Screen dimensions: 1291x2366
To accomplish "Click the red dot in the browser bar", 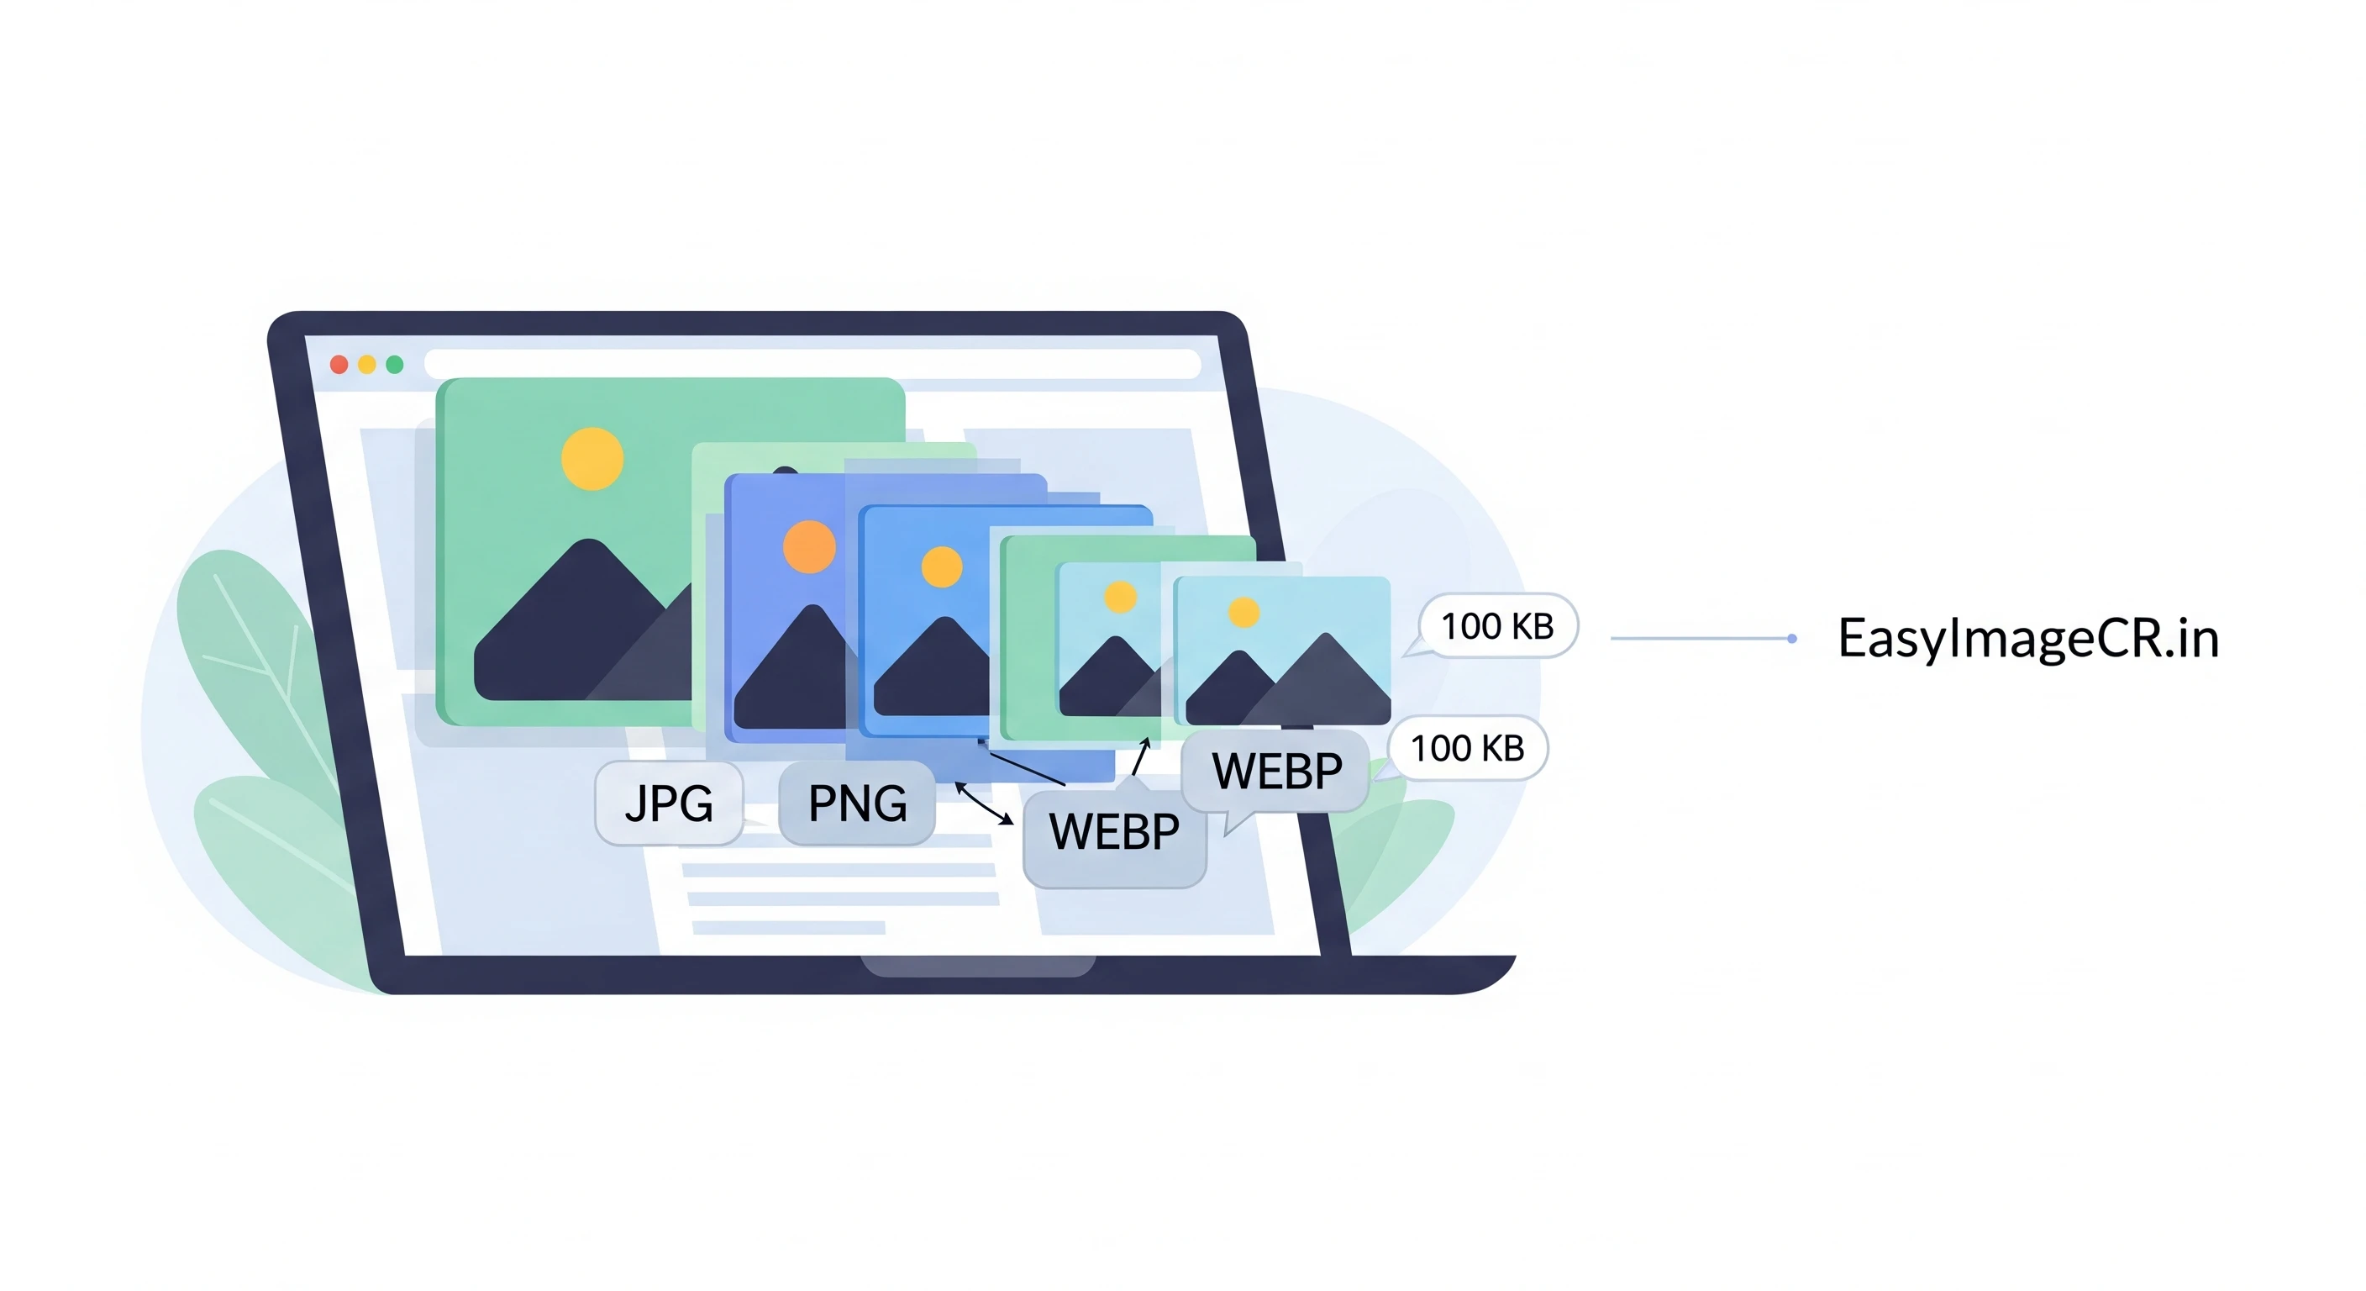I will pos(338,365).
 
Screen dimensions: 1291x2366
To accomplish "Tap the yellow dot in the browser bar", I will pos(366,365).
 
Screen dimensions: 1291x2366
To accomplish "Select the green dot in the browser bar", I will pos(395,365).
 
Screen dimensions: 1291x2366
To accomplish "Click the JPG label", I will pos(669,803).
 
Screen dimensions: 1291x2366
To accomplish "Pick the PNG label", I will pos(857,803).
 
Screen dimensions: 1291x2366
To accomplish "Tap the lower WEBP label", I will pos(1114,832).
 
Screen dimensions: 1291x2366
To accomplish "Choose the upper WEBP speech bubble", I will pos(1275,771).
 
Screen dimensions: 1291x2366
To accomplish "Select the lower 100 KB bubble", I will pos(1467,749).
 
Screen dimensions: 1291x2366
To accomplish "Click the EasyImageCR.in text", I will pos(2028,639).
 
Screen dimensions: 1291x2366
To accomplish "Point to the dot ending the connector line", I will pos(1791,639).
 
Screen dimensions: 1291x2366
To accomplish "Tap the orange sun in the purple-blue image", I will pos(809,546).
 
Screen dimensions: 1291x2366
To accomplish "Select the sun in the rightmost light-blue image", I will pos(1243,612).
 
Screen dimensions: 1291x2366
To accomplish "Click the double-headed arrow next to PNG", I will pos(984,803).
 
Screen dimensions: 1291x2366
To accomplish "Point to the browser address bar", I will pos(812,364).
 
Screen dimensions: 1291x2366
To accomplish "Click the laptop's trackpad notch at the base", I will pos(977,966).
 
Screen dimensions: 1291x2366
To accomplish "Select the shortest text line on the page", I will pos(788,928).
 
